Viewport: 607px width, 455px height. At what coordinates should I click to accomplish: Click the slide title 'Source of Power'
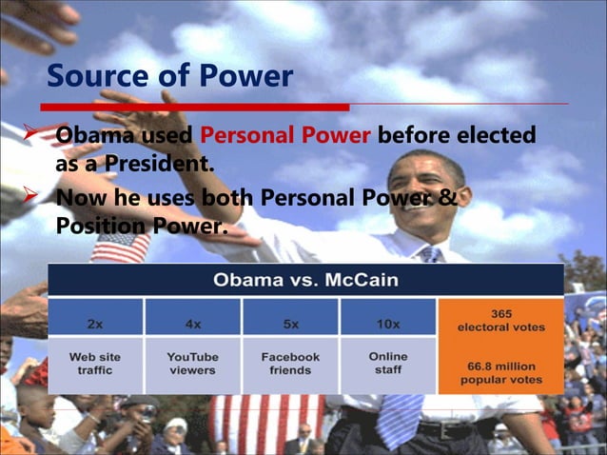pos(169,75)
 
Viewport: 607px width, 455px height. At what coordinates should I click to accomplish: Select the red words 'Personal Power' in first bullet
pos(284,136)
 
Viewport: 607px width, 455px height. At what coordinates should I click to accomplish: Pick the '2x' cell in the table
pos(95,323)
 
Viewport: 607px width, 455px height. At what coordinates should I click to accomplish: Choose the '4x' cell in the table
pos(193,323)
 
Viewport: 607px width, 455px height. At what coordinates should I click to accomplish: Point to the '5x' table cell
pos(290,323)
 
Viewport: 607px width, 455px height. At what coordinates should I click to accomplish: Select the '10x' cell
pos(387,323)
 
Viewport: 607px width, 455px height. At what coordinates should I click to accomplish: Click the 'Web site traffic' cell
pos(95,364)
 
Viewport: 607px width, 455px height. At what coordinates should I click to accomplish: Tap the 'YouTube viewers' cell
pos(193,364)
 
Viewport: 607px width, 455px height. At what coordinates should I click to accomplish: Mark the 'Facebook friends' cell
pos(290,364)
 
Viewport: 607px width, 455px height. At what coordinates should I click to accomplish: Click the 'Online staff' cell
pos(387,363)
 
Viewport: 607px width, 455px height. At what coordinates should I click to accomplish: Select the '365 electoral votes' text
pos(500,320)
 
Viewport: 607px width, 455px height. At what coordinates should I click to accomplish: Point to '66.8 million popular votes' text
pos(500,372)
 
